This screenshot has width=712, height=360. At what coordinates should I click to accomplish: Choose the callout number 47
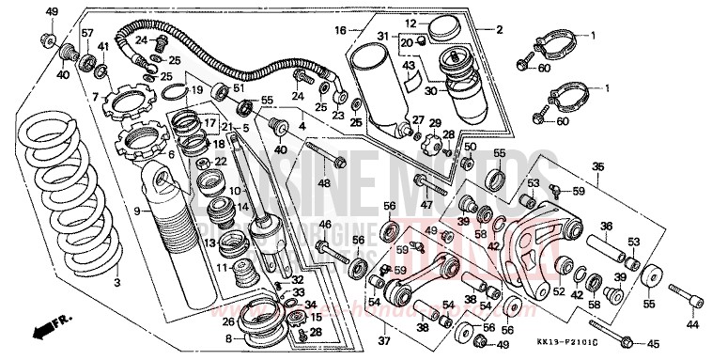click(426, 204)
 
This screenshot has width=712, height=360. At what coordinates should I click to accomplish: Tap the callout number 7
click(95, 97)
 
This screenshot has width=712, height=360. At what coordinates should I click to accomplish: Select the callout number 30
click(405, 92)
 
